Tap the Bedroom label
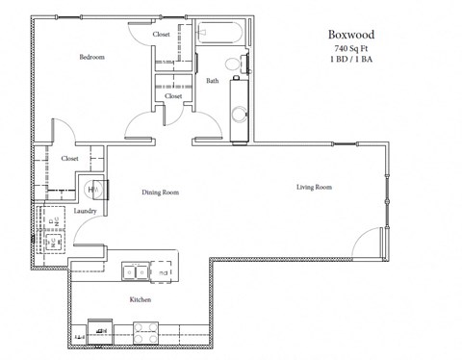click(90, 58)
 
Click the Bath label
click(212, 81)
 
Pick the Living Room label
click(314, 186)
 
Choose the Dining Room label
click(161, 193)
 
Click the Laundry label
click(84, 209)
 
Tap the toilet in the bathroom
click(231, 65)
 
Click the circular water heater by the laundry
click(94, 189)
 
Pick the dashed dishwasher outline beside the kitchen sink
click(164, 272)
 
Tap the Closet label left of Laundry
click(69, 158)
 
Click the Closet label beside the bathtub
click(161, 35)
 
